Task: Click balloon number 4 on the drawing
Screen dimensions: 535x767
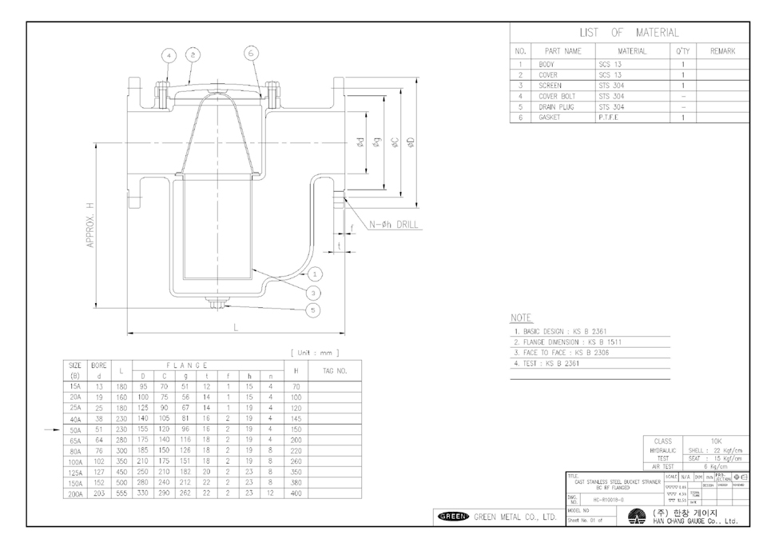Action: (169, 56)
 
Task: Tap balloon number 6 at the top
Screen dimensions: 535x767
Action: (250, 53)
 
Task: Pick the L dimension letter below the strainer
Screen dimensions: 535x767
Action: (235, 327)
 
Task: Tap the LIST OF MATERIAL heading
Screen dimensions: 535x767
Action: (629, 33)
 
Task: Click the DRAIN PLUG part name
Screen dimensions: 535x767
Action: (556, 106)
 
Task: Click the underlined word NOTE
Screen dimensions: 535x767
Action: (522, 317)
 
